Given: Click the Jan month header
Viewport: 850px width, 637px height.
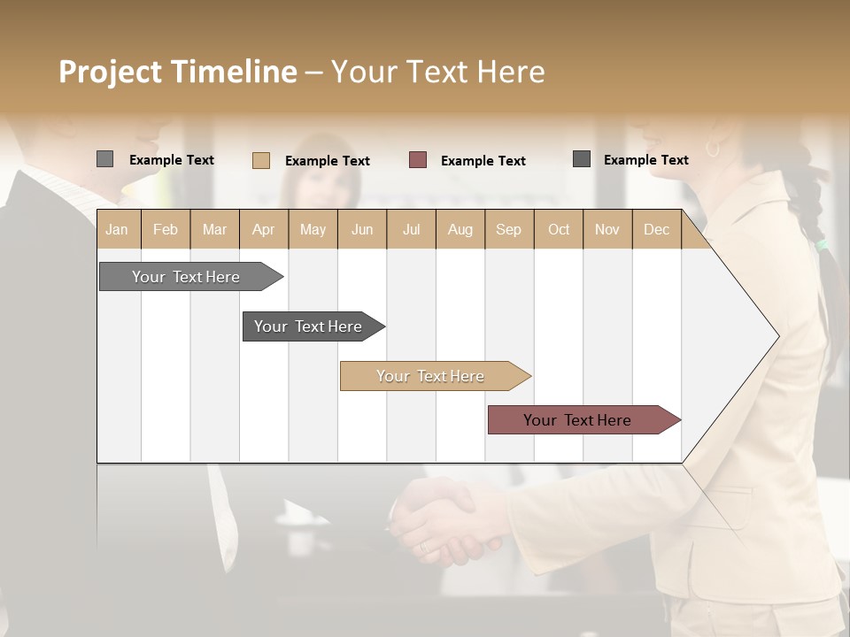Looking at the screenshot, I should (117, 229).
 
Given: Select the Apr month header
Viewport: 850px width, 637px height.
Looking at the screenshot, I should (263, 229).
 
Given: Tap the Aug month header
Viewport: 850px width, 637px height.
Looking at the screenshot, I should (460, 229).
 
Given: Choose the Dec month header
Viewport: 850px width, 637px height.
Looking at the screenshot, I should (656, 229).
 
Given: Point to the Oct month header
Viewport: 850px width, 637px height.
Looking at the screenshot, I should (559, 229).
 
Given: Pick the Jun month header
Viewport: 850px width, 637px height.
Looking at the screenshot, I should (362, 229).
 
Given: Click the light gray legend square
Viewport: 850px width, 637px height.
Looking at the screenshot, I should (104, 159).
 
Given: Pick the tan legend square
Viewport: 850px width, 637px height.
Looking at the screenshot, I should (260, 160).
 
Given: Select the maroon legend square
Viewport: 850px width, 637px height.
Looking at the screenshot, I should (418, 159).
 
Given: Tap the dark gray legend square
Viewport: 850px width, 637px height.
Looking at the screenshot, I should (582, 159).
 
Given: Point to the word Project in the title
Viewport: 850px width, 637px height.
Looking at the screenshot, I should (110, 73).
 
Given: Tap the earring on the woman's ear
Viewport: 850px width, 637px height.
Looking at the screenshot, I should (713, 149).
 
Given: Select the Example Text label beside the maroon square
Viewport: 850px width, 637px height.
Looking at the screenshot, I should (483, 161).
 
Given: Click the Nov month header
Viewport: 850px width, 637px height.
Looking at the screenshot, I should (607, 229).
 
